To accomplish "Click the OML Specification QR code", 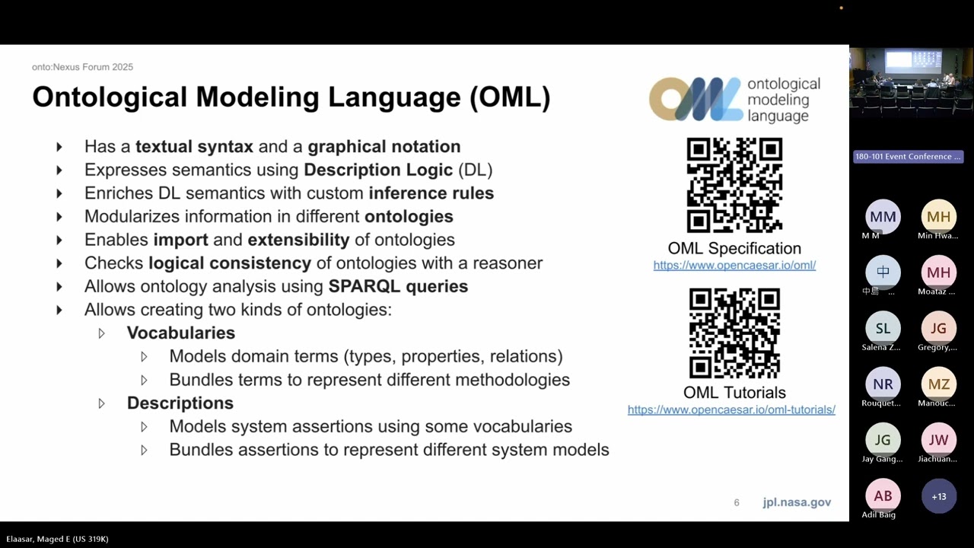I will [x=734, y=185].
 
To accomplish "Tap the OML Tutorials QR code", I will [x=734, y=333].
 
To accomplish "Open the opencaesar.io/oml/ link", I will [x=734, y=265].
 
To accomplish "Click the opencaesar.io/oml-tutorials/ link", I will [x=731, y=409].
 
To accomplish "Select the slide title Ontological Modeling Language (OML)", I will [x=291, y=97].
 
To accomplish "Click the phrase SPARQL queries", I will [x=398, y=286].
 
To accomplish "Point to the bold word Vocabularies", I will [x=181, y=333].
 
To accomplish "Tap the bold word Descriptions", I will [x=180, y=403].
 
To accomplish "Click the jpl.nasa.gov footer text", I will [x=797, y=502].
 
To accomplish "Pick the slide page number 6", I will [x=737, y=502].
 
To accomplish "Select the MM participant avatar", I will [x=883, y=217].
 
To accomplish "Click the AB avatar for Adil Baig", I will [x=883, y=496].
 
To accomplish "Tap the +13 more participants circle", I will [x=939, y=496].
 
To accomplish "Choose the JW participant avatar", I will [x=939, y=440].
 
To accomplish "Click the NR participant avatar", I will [x=883, y=384].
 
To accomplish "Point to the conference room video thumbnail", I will [x=912, y=80].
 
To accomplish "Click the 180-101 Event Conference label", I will [x=908, y=157].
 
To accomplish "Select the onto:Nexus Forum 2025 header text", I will [x=82, y=67].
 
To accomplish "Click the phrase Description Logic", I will [x=378, y=170].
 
